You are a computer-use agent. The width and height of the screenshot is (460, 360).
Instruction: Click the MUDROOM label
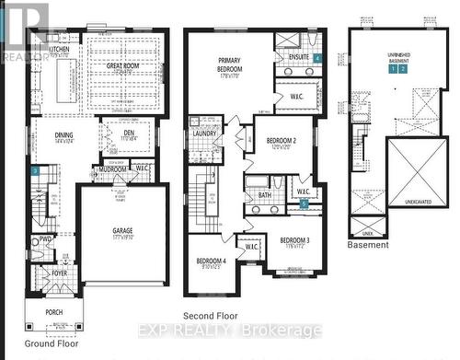[113, 168]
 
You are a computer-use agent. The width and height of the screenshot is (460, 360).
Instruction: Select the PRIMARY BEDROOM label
[229, 65]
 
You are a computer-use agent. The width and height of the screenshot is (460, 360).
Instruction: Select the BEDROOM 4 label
[213, 261]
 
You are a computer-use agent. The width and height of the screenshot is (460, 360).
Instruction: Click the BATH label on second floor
[264, 194]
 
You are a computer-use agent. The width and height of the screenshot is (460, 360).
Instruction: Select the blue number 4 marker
[316, 58]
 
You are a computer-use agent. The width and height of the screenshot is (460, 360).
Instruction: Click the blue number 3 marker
[35, 170]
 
